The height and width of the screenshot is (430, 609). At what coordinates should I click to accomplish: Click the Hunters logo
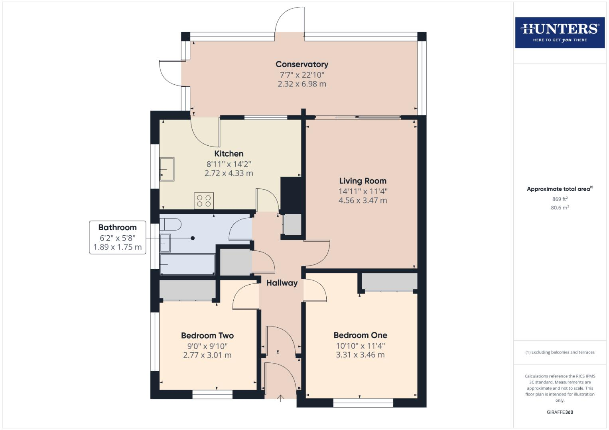pyautogui.click(x=560, y=32)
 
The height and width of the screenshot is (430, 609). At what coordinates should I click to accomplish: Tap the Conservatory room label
pyautogui.click(x=302, y=64)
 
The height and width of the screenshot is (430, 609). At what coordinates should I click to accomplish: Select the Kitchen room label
pyautogui.click(x=229, y=154)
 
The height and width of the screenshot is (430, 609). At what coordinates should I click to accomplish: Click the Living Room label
pyautogui.click(x=363, y=181)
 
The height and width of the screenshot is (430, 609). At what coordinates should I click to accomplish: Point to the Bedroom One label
pyautogui.click(x=360, y=335)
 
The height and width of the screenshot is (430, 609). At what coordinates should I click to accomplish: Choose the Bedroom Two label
pyautogui.click(x=207, y=336)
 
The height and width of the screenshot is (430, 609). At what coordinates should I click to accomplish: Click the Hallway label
pyautogui.click(x=282, y=283)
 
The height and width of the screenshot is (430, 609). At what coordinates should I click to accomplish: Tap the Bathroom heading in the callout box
pyautogui.click(x=117, y=227)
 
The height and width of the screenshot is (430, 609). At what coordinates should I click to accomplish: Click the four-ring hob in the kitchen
pyautogui.click(x=204, y=201)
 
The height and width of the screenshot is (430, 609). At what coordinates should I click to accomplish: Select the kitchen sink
pyautogui.click(x=167, y=169)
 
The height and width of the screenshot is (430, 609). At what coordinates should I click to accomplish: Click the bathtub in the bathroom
pyautogui.click(x=187, y=264)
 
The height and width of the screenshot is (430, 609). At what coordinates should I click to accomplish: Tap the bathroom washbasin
pyautogui.click(x=165, y=243)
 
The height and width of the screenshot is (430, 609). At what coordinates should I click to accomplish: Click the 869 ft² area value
pyautogui.click(x=560, y=199)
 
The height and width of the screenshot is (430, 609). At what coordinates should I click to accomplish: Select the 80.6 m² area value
pyautogui.click(x=560, y=207)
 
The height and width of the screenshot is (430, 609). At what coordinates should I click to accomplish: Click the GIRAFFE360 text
pyautogui.click(x=560, y=412)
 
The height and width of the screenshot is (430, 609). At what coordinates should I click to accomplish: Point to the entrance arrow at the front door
pyautogui.click(x=280, y=398)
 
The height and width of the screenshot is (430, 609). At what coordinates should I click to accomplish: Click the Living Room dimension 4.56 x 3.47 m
pyautogui.click(x=363, y=201)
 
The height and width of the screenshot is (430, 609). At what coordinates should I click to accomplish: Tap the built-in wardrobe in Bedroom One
pyautogui.click(x=389, y=281)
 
